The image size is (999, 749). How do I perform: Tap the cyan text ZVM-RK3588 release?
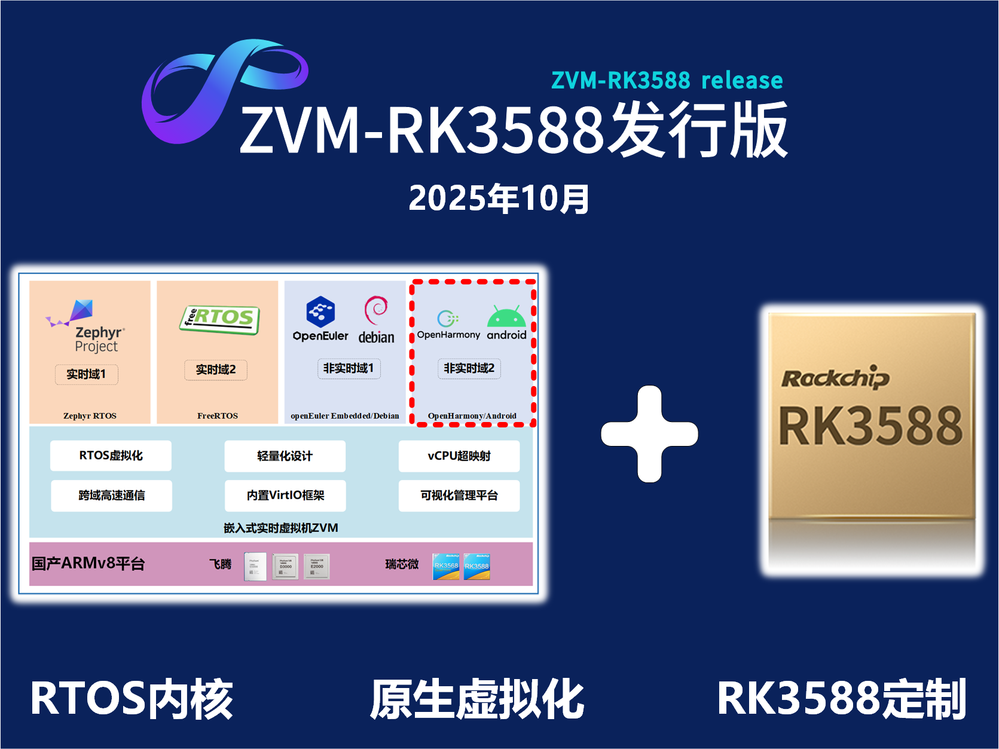[x=667, y=80]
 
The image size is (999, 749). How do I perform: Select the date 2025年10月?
[x=499, y=198]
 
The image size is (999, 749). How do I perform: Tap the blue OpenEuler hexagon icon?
[x=320, y=311]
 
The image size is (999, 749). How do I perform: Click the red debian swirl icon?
[x=376, y=310]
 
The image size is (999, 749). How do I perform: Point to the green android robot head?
[x=506, y=317]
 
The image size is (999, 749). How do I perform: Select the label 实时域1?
[x=87, y=374]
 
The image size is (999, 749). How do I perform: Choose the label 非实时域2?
[x=469, y=368]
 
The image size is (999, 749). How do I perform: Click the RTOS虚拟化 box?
[x=111, y=455]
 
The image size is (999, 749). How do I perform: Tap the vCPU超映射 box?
[x=459, y=456]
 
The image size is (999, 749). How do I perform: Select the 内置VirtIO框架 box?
[x=285, y=496]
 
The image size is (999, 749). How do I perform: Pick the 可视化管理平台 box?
[x=459, y=496]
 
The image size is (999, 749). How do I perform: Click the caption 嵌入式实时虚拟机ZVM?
[x=281, y=528]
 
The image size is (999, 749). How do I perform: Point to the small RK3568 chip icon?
[x=446, y=566]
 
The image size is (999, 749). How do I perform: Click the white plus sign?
[x=649, y=434]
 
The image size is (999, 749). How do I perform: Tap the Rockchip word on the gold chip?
[x=835, y=378]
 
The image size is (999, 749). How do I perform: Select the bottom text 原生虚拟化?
[x=476, y=699]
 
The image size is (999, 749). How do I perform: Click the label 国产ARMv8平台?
[x=88, y=564]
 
